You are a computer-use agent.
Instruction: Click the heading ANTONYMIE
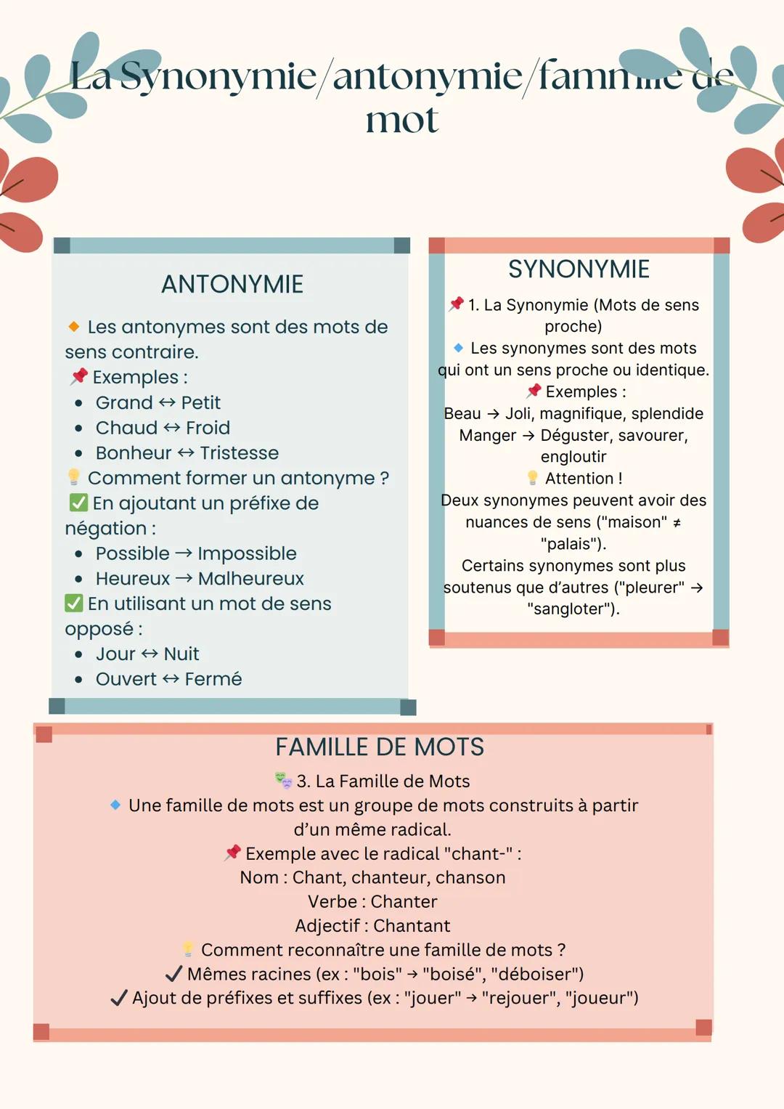[232, 284]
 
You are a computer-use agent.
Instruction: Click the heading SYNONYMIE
[579, 269]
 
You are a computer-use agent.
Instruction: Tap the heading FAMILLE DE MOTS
[380, 747]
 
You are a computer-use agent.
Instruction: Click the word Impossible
[247, 553]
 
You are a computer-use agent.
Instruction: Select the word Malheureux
[250, 579]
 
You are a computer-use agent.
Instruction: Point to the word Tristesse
[239, 453]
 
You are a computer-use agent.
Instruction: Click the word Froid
[208, 428]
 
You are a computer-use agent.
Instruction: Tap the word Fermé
[213, 679]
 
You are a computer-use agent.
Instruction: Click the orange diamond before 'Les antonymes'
[73, 327]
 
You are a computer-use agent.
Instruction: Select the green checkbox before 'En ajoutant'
[78, 503]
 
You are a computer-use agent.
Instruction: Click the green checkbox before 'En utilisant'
[74, 603]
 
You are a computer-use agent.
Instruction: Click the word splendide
[667, 413]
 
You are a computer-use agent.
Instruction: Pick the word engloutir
[573, 457]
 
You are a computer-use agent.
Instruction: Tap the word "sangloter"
[573, 609]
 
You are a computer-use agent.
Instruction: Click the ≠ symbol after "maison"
[677, 523]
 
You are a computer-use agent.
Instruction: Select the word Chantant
[412, 926]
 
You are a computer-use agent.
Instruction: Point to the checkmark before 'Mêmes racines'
[173, 974]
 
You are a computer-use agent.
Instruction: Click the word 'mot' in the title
[401, 120]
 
